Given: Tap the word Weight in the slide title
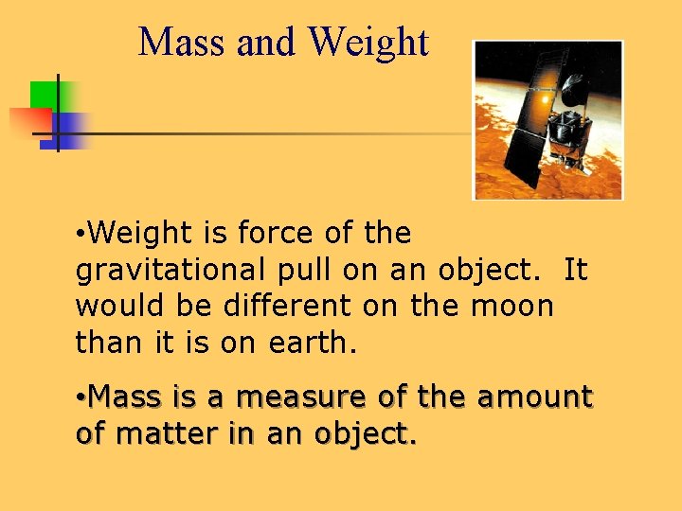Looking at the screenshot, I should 368,43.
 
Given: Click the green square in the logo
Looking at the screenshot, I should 44,96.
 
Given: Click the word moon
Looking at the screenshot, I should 516,306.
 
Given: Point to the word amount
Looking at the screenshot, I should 534,396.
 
